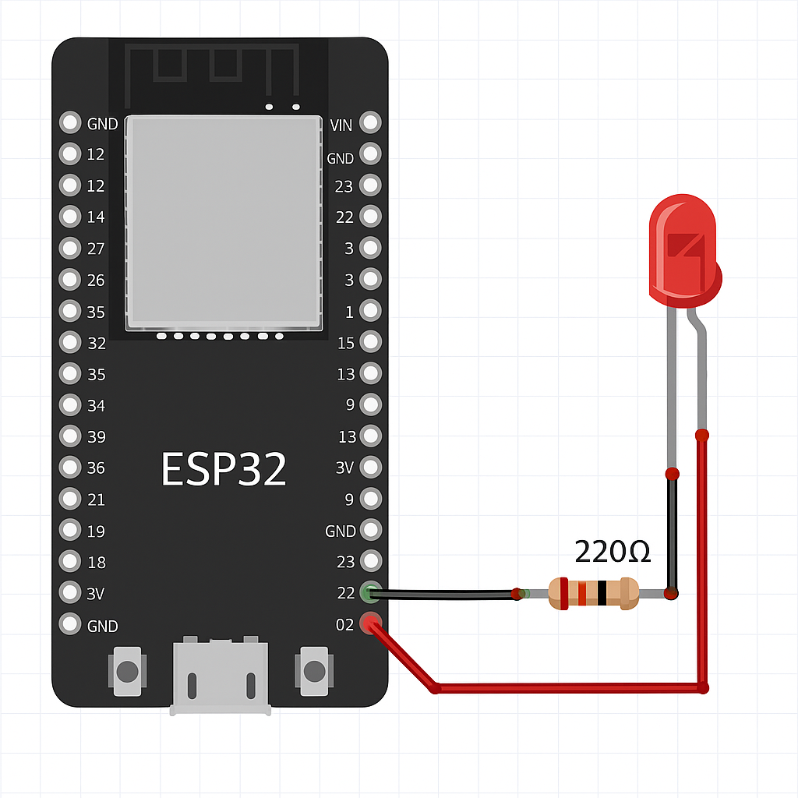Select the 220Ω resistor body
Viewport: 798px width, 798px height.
pyautogui.click(x=593, y=593)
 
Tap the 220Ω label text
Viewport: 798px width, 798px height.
pyautogui.click(x=613, y=552)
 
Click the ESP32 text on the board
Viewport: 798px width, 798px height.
pyautogui.click(x=224, y=469)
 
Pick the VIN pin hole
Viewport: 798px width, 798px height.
pyautogui.click(x=371, y=123)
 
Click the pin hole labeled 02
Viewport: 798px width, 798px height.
pyautogui.click(x=371, y=624)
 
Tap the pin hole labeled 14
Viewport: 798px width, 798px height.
pyautogui.click(x=71, y=217)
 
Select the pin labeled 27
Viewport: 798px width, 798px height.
pyautogui.click(x=71, y=248)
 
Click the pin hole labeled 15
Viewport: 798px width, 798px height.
pyautogui.click(x=371, y=342)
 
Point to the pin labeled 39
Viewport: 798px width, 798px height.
pyautogui.click(x=71, y=436)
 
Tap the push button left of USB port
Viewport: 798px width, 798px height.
pyautogui.click(x=127, y=671)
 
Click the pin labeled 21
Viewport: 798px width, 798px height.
pyautogui.click(x=71, y=499)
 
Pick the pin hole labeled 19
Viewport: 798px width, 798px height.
pyautogui.click(x=71, y=531)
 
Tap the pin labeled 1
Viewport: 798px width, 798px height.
pyautogui.click(x=371, y=311)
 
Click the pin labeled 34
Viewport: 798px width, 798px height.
pyautogui.click(x=71, y=405)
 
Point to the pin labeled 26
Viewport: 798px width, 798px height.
pyautogui.click(x=71, y=279)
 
